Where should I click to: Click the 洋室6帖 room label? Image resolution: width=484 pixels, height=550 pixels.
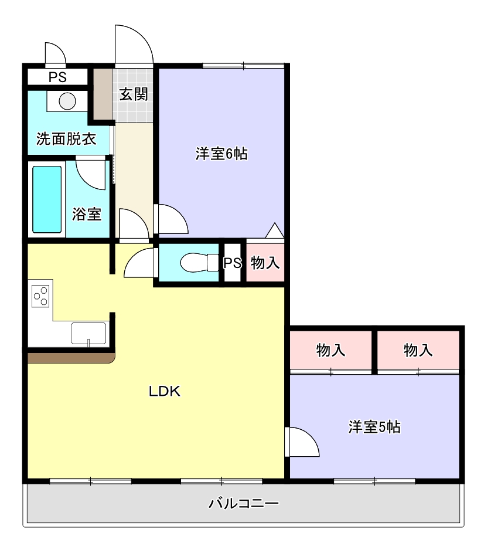[221, 154]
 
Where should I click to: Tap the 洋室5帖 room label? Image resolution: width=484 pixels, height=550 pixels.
[374, 427]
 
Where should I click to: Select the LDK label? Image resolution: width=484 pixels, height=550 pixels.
[164, 392]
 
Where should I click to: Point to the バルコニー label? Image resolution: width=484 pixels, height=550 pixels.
[243, 503]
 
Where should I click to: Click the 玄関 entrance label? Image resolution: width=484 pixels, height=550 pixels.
[134, 94]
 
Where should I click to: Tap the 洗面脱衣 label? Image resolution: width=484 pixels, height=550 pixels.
[66, 139]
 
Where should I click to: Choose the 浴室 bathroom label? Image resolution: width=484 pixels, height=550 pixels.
[87, 214]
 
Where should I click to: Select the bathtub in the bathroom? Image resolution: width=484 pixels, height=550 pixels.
[47, 199]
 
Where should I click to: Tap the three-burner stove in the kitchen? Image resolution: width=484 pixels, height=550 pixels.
[40, 295]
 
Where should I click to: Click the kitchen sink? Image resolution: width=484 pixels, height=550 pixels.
[88, 333]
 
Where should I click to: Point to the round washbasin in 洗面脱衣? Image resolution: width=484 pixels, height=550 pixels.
[67, 101]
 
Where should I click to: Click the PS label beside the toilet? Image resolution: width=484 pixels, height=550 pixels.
[233, 263]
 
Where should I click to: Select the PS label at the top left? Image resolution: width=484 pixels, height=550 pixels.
[57, 77]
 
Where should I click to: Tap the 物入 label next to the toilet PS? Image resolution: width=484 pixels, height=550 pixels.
[265, 263]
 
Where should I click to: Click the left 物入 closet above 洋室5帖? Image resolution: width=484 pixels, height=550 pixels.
[330, 351]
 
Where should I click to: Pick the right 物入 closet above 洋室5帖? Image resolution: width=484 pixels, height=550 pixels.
[418, 351]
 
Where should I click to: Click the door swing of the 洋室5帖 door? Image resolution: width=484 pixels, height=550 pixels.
[303, 443]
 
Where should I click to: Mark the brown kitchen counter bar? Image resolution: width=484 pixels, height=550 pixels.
[70, 357]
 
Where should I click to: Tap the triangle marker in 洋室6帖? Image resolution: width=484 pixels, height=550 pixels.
[274, 230]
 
